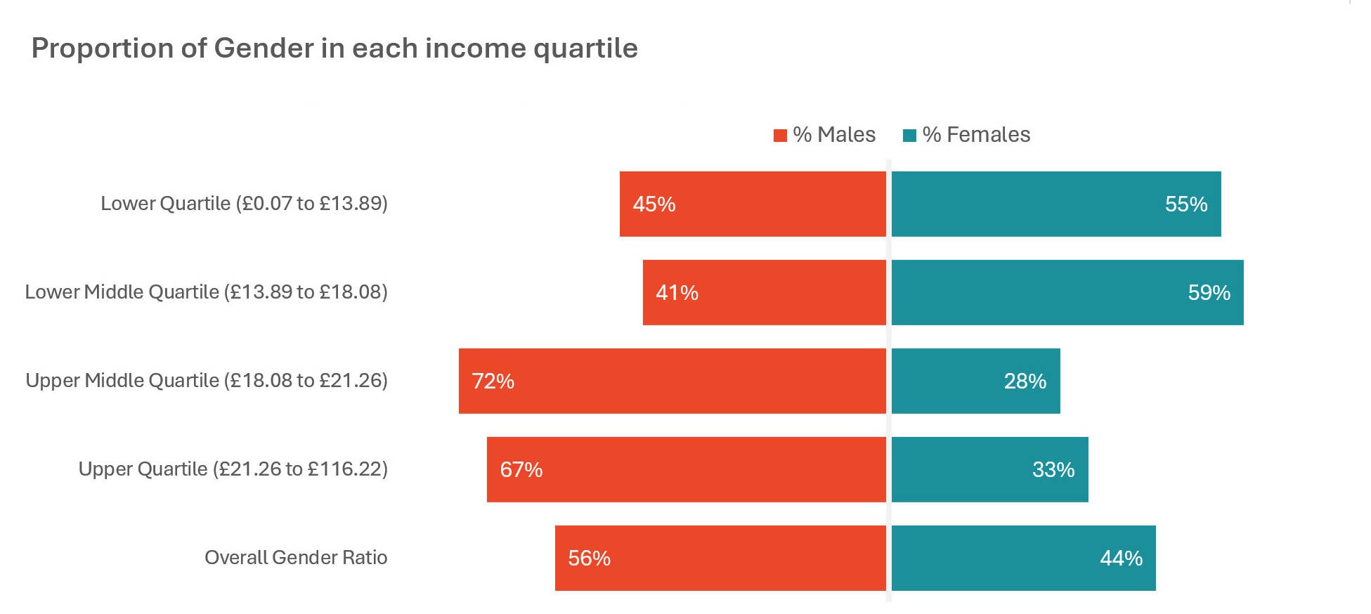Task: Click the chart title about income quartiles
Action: coord(334,48)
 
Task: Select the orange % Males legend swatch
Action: coord(779,136)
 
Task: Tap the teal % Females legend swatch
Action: coord(909,136)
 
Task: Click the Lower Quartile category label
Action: coord(244,204)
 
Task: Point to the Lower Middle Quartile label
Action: coord(206,292)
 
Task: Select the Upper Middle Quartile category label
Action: coord(207,381)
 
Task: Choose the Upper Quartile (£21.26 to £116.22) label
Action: coord(233,469)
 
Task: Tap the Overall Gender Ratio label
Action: coord(296,558)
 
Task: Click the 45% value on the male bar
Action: coord(654,204)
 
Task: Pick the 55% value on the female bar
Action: coord(1185,204)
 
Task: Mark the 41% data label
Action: coord(677,293)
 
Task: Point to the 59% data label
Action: coord(1209,293)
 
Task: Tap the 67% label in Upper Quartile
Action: coord(521,470)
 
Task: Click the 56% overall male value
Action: coord(589,559)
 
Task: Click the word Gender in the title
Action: coord(264,48)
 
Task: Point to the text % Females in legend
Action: coord(976,135)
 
